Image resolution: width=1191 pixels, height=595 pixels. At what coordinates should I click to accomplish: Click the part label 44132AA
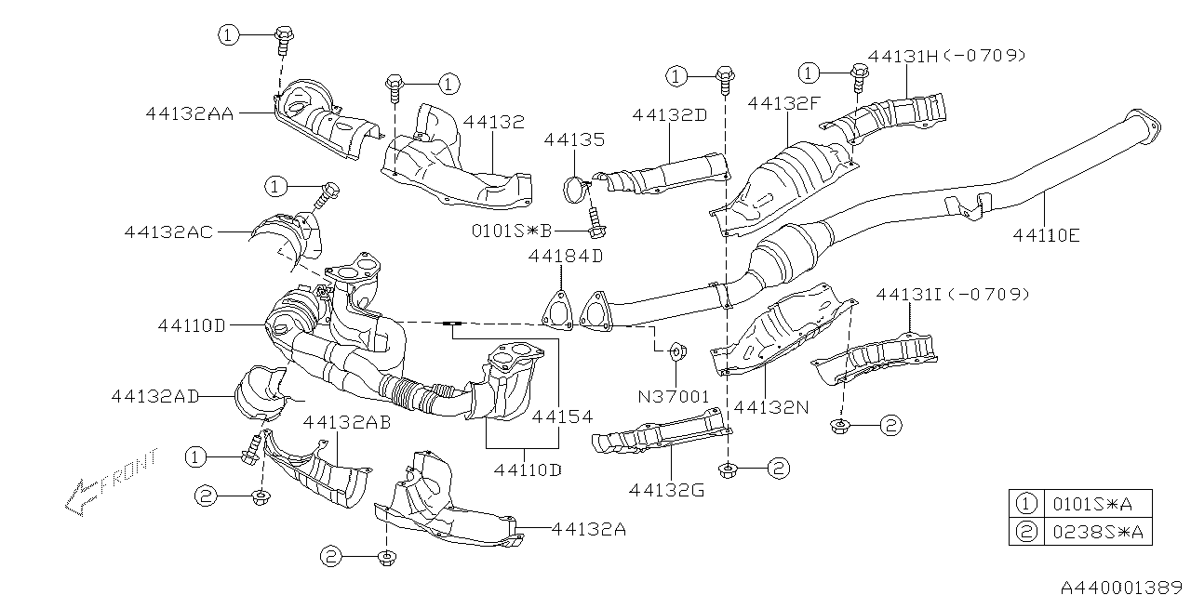(x=190, y=113)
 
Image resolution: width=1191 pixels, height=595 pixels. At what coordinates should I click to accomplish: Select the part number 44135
(x=574, y=140)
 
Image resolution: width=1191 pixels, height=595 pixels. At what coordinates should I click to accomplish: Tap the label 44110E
(x=1047, y=236)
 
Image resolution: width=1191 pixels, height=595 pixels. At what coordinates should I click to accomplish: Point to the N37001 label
(x=673, y=397)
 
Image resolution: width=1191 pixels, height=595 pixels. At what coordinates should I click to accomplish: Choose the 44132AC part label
(x=168, y=231)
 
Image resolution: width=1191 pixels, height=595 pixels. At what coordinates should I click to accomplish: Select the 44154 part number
(x=562, y=417)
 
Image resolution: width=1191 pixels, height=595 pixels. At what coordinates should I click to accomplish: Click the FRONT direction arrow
(x=110, y=483)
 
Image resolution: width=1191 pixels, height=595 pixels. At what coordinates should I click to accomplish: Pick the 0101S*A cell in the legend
(x=1096, y=504)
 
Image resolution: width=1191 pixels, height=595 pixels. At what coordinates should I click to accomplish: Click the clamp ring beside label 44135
(x=576, y=189)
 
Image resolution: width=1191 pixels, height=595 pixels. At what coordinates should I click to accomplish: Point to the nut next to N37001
(x=677, y=352)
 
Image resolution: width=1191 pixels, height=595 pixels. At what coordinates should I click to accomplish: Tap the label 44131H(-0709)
(x=946, y=56)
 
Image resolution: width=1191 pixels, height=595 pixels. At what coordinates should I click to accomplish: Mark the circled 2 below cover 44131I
(x=890, y=426)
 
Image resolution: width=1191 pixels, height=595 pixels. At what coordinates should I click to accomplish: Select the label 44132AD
(x=155, y=396)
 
